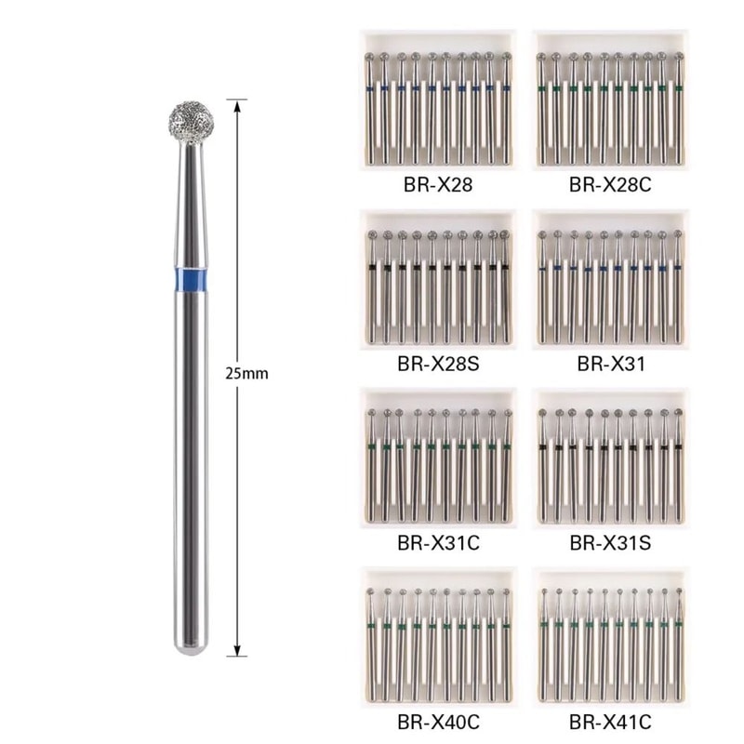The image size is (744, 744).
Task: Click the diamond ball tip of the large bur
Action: click(189, 119)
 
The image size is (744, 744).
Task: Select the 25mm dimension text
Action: click(247, 373)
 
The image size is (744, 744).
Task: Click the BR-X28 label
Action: click(434, 185)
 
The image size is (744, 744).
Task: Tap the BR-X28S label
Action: click(434, 364)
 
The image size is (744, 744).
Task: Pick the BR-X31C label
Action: click(434, 541)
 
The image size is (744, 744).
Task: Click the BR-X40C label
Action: click(434, 720)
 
